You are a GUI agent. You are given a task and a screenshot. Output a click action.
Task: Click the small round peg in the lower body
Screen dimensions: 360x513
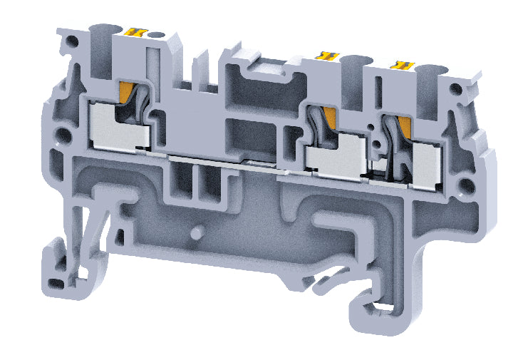(197, 234)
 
